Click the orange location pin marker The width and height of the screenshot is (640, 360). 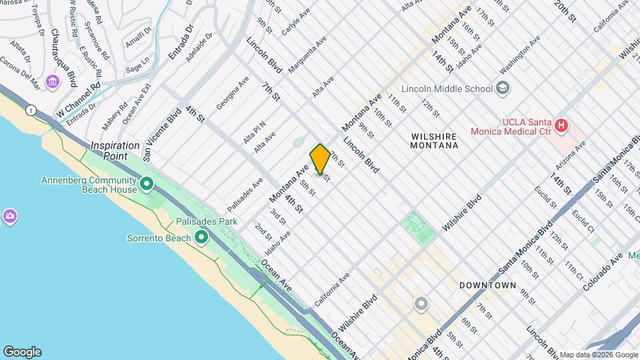click(x=320, y=159)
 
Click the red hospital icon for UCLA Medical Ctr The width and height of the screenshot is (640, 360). click(x=561, y=125)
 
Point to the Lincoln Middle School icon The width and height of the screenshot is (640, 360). click(x=502, y=89)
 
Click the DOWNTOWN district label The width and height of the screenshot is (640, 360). click(x=487, y=285)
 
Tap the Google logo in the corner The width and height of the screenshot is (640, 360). click(x=22, y=351)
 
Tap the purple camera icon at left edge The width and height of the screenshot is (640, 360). click(x=9, y=217)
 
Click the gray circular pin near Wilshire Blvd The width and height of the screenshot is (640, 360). click(x=421, y=304)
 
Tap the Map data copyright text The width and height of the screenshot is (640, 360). click(x=597, y=355)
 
